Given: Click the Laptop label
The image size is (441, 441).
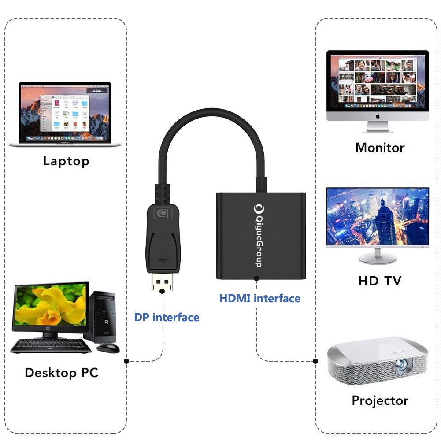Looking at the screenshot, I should coord(66,161).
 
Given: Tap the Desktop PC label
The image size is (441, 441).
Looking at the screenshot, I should coord(61,373).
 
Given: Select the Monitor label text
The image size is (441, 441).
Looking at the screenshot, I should coord(380,147).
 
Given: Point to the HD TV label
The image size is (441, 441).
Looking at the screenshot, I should coord(380,281).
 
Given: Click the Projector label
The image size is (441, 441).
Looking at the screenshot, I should coord(380,400).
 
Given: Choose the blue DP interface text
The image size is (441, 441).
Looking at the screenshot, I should coord(167,317).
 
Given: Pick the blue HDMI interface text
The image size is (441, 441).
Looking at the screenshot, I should coord(260,298).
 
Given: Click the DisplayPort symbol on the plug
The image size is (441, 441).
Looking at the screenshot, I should coord(163,214).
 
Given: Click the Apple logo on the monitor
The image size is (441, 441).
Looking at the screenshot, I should coord(378,116).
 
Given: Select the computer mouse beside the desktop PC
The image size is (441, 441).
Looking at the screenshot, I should coord(108,348).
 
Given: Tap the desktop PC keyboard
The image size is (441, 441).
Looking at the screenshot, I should coord(51,346).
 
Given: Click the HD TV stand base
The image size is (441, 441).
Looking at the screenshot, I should coord(378,259).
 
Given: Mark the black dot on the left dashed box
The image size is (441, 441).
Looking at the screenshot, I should coord(126,361).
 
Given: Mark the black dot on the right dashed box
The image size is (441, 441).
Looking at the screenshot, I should coord(315,361).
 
